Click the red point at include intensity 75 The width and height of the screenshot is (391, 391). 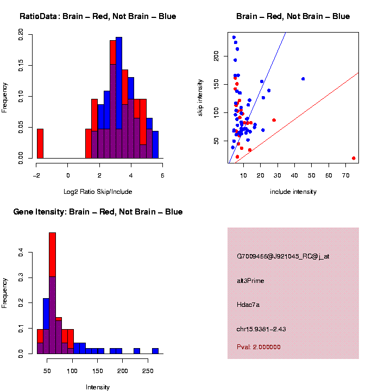pyautogui.click(x=354, y=158)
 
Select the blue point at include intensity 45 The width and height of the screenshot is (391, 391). pyautogui.click(x=303, y=79)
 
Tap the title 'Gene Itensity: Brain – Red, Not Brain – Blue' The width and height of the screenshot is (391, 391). pyautogui.click(x=98, y=212)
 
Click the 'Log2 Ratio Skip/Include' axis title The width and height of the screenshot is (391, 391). pyautogui.click(x=99, y=191)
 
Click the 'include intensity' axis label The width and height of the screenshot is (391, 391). pyautogui.click(x=293, y=191)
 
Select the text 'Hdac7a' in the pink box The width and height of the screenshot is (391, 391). pyautogui.click(x=249, y=305)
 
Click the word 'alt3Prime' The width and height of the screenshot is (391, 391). pyautogui.click(x=251, y=281)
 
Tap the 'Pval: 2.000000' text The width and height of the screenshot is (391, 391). pyautogui.click(x=258, y=347)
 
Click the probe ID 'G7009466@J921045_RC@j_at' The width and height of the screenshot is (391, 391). pyautogui.click(x=283, y=256)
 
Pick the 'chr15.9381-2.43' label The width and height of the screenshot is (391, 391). pyautogui.click(x=265, y=329)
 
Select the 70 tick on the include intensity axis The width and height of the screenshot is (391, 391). pyautogui.click(x=345, y=175)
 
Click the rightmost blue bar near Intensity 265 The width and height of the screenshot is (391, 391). pyautogui.click(x=155, y=351)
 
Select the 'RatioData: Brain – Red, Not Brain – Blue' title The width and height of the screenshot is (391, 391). pyautogui.click(x=98, y=16)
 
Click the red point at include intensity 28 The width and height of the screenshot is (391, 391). pyautogui.click(x=274, y=120)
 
